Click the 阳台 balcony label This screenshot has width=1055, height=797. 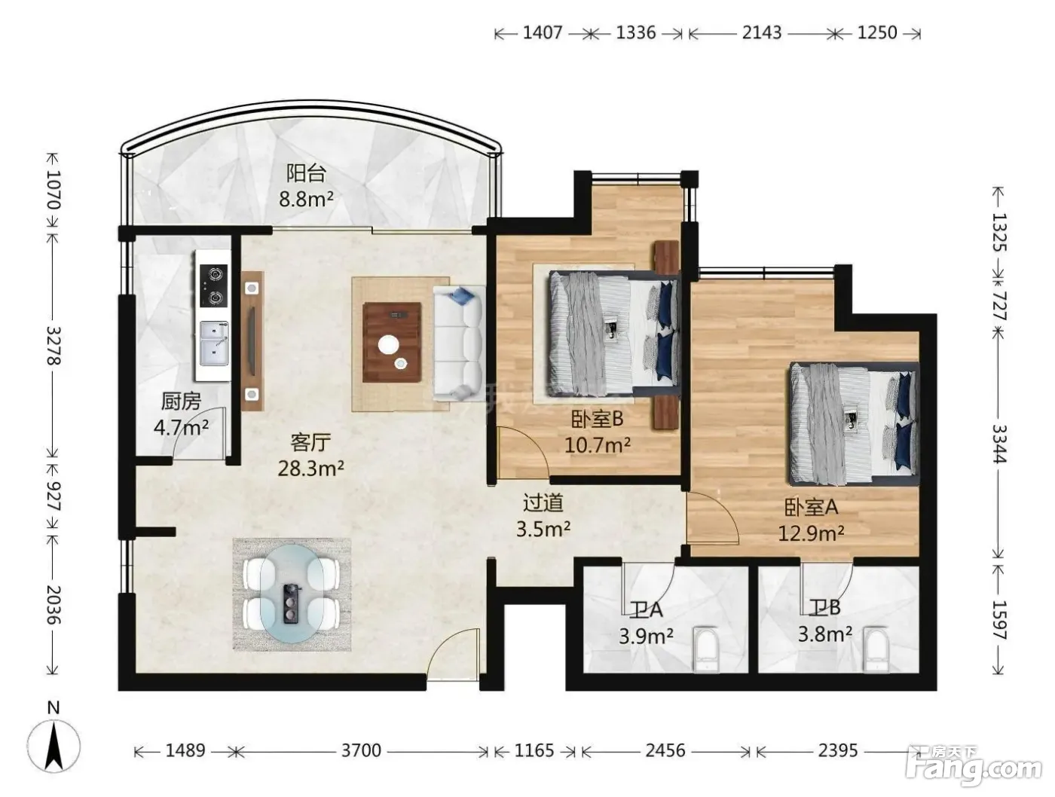click(x=306, y=173)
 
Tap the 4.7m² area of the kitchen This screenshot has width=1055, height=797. click(x=181, y=426)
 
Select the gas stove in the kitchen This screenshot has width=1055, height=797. click(x=213, y=286)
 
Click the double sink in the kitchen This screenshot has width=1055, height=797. click(x=213, y=344)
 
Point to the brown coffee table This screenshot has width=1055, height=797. click(x=392, y=342)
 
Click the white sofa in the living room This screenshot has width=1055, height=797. click(x=458, y=343)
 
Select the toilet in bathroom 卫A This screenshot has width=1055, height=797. click(x=706, y=649)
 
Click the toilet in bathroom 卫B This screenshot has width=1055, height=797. click(x=876, y=649)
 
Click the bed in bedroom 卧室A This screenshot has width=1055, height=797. click(x=853, y=423)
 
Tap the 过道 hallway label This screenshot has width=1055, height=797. click(x=543, y=503)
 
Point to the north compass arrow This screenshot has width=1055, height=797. click(x=54, y=749)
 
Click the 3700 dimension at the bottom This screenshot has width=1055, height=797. click(x=361, y=750)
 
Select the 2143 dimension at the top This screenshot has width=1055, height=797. click(x=762, y=32)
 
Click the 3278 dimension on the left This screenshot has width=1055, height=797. click(x=54, y=346)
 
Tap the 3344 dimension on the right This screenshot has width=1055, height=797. click(x=998, y=444)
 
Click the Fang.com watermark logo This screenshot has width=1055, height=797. click(x=974, y=769)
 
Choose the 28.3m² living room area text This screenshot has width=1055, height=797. click(x=311, y=468)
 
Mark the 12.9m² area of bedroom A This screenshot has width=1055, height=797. click(x=812, y=533)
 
